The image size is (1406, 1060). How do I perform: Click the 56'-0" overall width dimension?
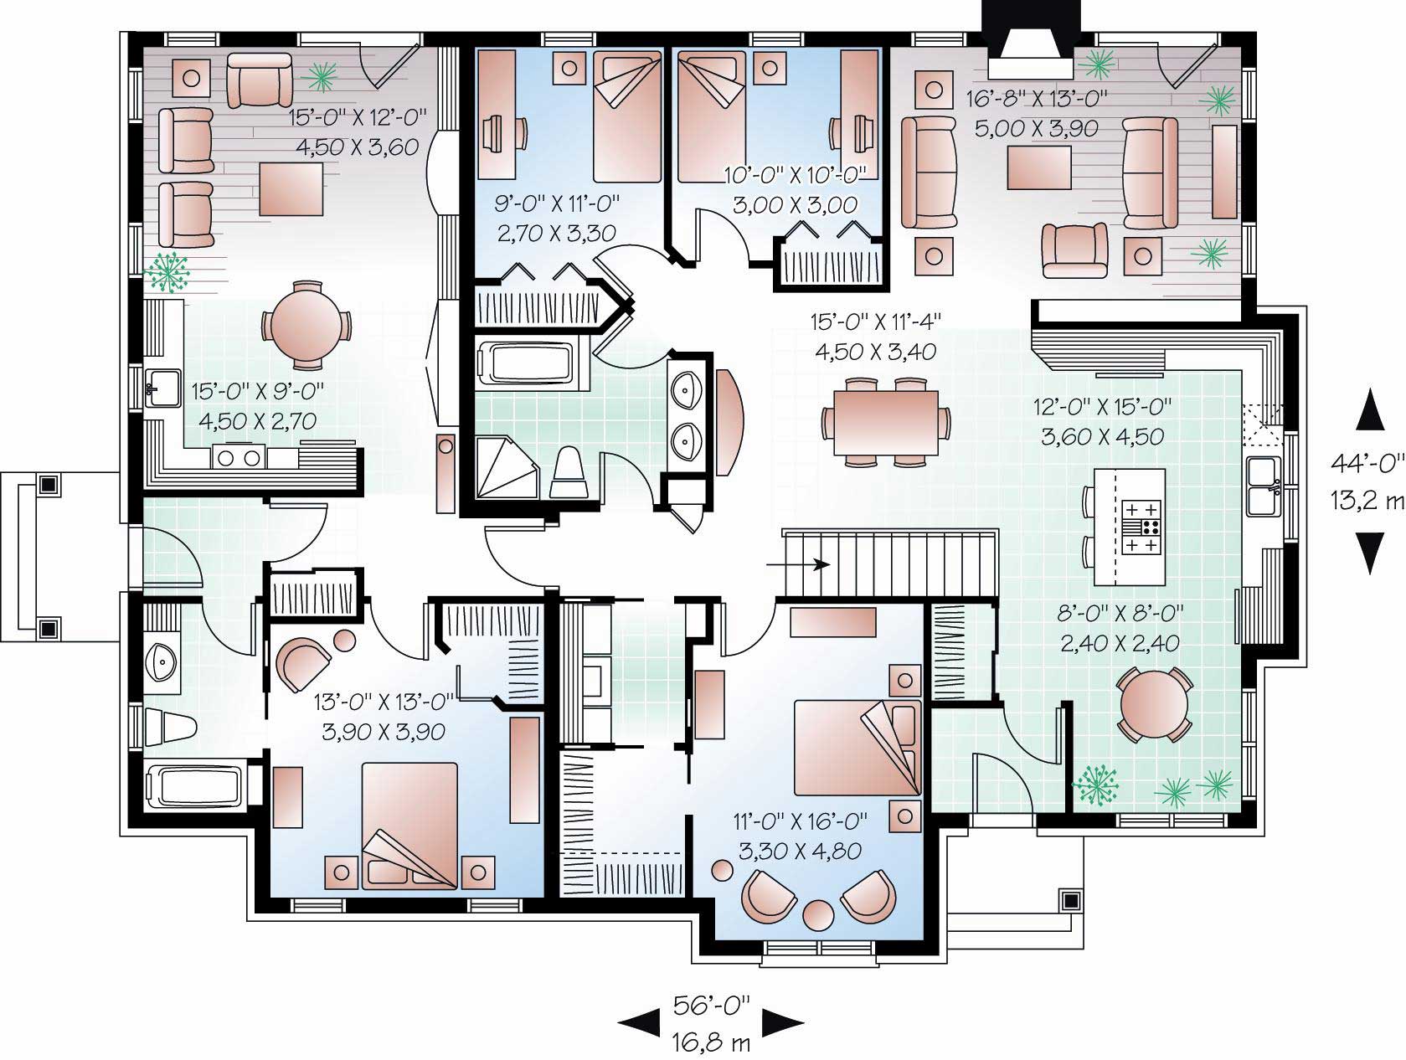click(x=711, y=1005)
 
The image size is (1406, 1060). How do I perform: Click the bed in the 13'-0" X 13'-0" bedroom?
click(x=410, y=825)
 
